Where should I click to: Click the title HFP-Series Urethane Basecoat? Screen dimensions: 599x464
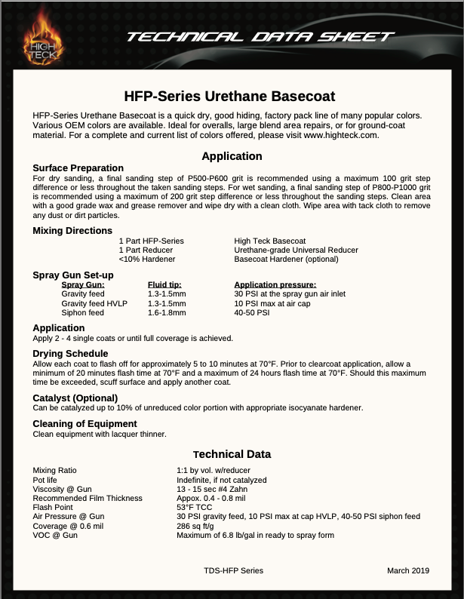point(229,97)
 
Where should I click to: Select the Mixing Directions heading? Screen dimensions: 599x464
point(72,230)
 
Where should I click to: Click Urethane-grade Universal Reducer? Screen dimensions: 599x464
point(296,250)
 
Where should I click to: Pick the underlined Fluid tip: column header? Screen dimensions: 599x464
point(164,284)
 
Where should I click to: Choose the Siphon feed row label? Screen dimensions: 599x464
point(82,312)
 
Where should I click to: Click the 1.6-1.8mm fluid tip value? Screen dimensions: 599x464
point(167,312)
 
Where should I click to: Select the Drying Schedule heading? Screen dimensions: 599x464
point(71,353)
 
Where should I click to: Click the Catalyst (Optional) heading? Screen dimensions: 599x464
point(75,398)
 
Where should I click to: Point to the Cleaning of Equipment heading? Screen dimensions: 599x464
point(85,423)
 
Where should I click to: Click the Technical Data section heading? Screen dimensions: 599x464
point(232,454)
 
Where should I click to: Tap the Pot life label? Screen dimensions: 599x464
point(45,480)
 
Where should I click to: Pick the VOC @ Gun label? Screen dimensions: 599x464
point(55,535)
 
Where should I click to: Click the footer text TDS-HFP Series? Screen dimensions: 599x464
point(233,571)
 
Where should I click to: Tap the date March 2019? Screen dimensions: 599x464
point(408,571)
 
